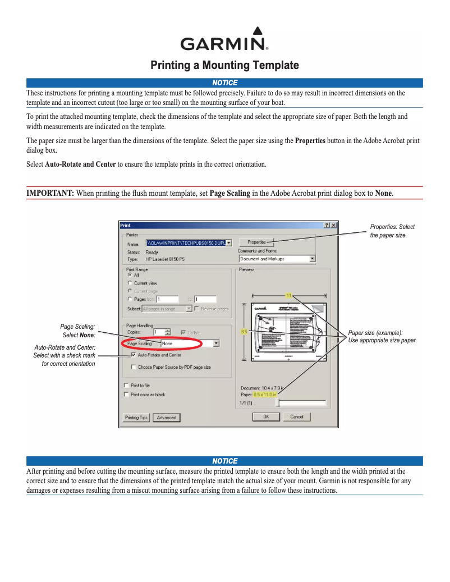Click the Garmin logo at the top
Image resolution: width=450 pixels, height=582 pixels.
point(224,39)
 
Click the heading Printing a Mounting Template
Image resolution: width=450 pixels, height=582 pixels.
point(224,66)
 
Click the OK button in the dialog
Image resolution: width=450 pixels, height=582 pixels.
point(266,416)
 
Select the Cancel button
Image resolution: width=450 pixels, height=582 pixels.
point(297,416)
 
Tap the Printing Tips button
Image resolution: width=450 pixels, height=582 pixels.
point(136,418)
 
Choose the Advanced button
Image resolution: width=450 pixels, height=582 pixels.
point(167,418)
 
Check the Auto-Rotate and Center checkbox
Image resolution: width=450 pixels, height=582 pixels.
point(134,355)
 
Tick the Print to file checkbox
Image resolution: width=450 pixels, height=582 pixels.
point(126,386)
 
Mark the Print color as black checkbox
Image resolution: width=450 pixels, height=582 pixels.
point(126,395)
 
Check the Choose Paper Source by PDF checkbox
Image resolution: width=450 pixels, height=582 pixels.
point(134,367)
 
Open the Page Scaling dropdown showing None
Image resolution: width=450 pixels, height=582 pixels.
point(190,343)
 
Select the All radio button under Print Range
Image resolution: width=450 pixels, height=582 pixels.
point(130,275)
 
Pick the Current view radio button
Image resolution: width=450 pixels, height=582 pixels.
point(130,283)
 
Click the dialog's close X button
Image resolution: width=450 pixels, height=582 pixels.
point(333,225)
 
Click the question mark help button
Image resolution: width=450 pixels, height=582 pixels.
point(327,225)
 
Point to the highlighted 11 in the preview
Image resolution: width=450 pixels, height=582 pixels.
point(289,295)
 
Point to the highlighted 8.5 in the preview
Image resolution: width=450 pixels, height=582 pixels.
point(244,332)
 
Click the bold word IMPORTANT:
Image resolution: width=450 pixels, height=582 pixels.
point(50,193)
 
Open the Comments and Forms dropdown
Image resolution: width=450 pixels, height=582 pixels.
point(277,259)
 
